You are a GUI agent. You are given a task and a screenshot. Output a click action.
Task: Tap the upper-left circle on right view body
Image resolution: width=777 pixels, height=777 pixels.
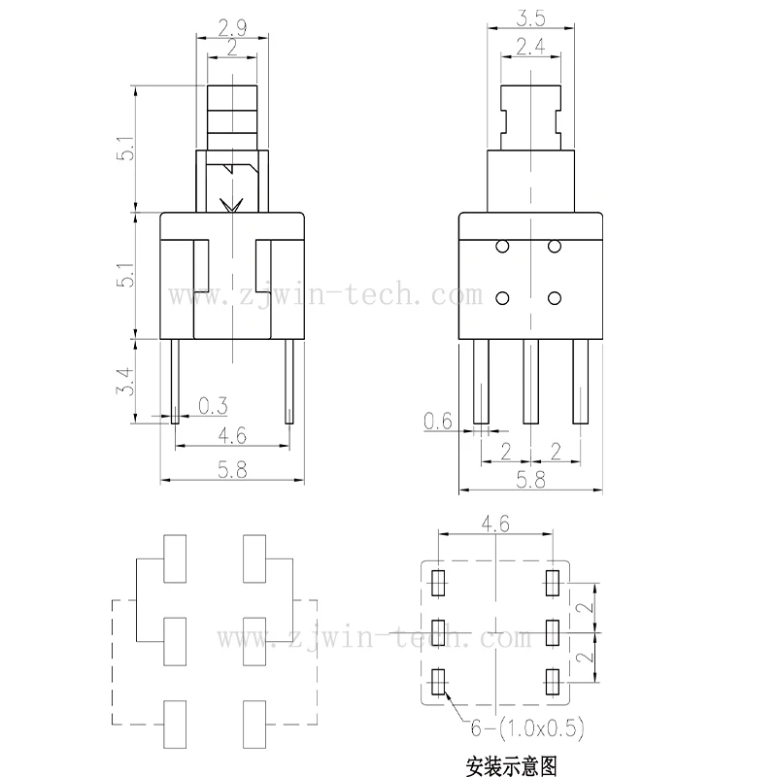[502, 248]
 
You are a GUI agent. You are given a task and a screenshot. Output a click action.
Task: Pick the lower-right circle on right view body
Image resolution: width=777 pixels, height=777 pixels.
[554, 297]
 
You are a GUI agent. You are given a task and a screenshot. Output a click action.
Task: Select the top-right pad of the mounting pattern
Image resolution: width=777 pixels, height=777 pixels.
[554, 583]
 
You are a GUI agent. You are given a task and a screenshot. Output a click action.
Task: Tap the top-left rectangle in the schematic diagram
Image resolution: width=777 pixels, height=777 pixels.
[176, 558]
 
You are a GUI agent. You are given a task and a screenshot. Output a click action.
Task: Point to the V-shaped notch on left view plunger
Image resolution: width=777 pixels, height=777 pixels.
[233, 206]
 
